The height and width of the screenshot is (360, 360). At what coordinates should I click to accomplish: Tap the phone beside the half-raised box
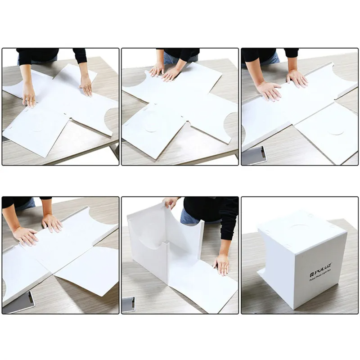(x=128, y=304)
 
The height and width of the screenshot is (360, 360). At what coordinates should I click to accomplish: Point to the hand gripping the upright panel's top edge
(x=171, y=203)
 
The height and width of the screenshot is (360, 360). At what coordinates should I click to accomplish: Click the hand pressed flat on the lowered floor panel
(x=221, y=264)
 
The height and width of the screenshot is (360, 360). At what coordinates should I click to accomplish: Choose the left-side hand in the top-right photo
(x=269, y=91)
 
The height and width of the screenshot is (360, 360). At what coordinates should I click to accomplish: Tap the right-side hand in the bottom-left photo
(x=52, y=223)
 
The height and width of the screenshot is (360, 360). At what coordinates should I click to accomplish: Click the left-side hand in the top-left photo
(x=29, y=95)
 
